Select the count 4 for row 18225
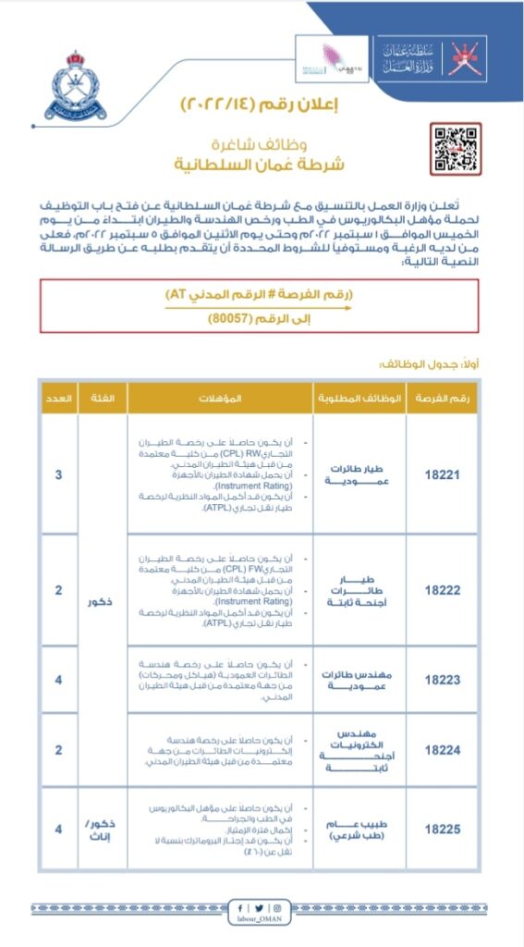59,829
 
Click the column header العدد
59,398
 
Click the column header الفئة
104,398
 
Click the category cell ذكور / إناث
104,829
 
